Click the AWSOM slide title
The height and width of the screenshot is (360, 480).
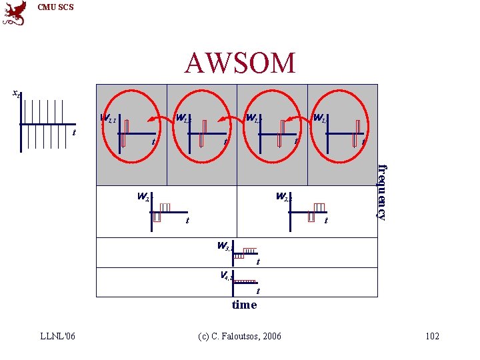240,63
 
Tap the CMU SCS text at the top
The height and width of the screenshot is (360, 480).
55,7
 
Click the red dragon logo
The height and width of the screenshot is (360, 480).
15,13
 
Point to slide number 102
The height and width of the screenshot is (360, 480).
432,335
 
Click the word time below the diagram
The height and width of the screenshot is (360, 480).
244,305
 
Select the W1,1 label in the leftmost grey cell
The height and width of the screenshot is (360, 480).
108,119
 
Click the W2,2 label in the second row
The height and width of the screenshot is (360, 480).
284,197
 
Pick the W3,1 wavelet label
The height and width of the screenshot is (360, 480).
225,246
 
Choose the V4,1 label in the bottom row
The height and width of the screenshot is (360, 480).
227,275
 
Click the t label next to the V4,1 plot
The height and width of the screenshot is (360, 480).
258,291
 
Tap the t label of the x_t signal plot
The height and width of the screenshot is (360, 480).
73,132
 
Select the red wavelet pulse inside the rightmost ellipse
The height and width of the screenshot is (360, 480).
358,132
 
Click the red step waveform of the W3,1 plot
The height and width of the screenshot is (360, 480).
245,253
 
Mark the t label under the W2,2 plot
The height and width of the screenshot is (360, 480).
325,221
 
